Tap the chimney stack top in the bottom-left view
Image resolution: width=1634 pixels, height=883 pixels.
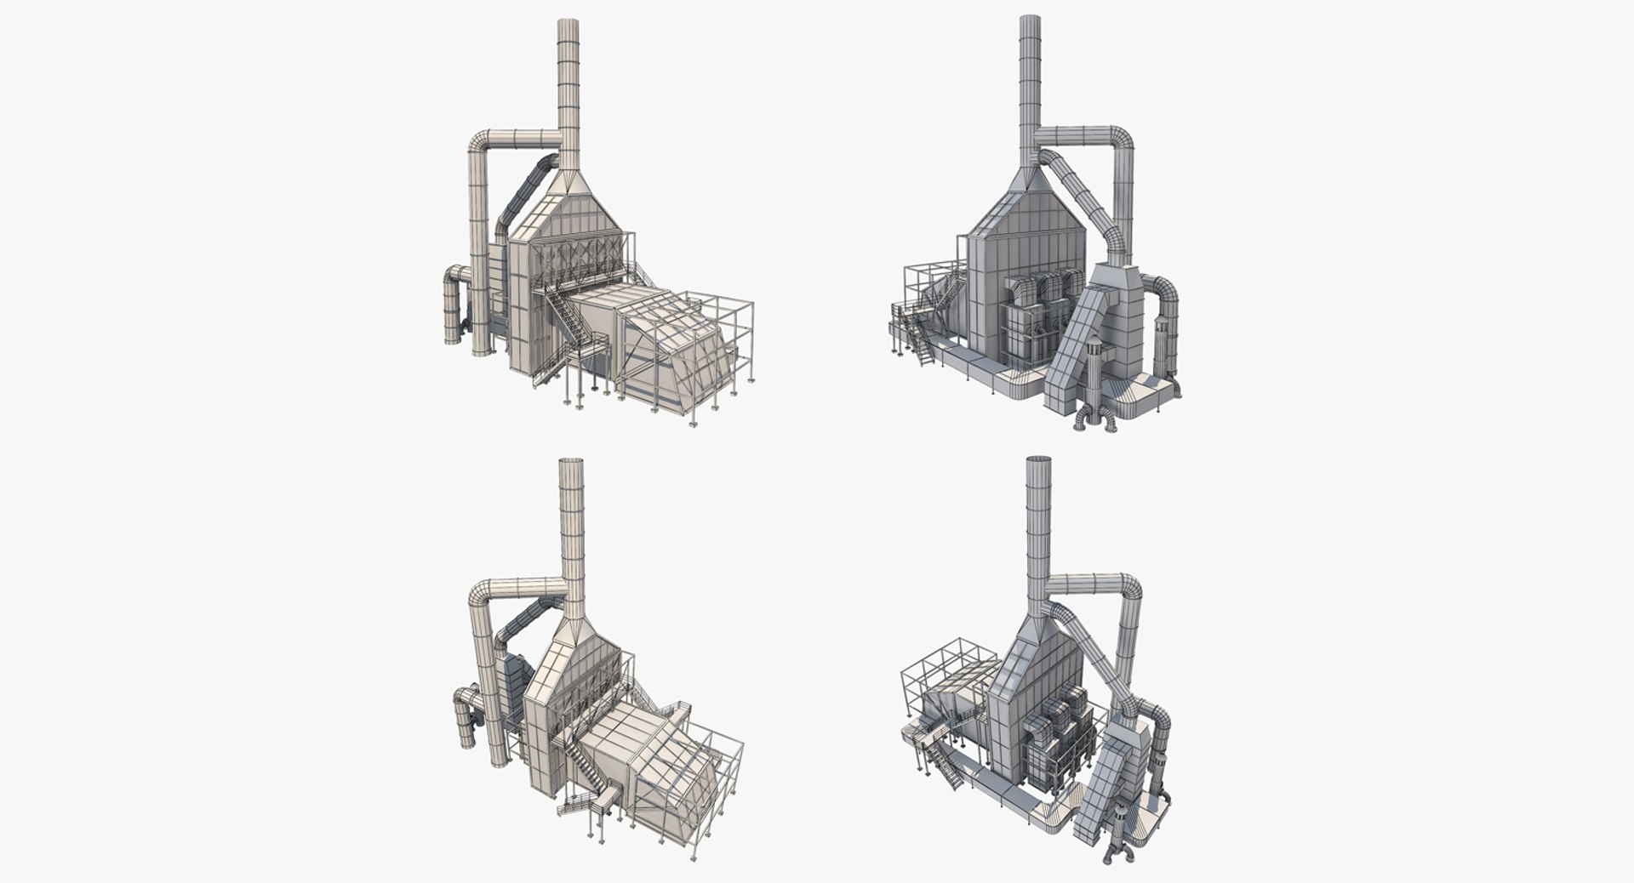[571, 464]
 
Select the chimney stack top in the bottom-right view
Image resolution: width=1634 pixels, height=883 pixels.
[1038, 462]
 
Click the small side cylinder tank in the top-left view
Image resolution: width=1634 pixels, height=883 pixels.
[452, 310]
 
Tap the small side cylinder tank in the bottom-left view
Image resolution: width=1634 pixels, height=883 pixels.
[466, 723]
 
